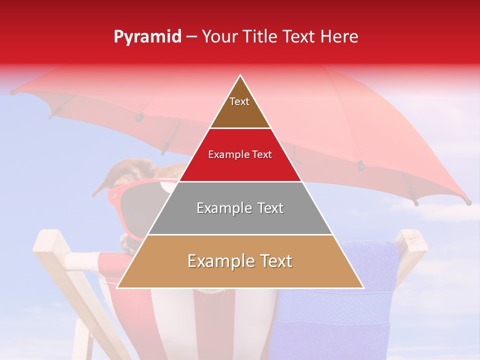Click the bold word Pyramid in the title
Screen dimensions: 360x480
(147, 37)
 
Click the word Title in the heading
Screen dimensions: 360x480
(262, 37)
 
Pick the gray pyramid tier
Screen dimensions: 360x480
(240, 220)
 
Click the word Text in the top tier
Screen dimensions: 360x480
(239, 101)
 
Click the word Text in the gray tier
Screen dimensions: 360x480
(267, 208)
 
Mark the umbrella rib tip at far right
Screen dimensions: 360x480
(468, 202)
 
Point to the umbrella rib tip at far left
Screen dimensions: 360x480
(13, 92)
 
